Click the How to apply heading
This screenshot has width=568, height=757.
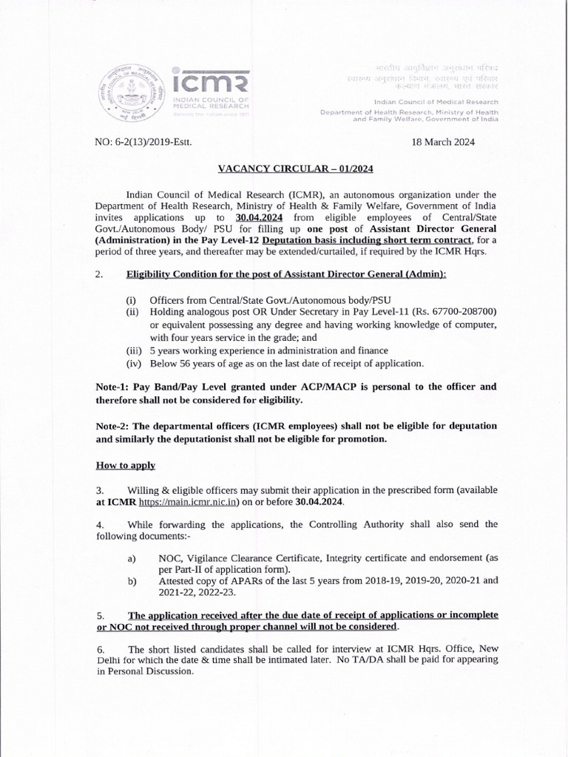pyautogui.click(x=125, y=466)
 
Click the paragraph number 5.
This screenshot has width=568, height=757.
pyautogui.click(x=101, y=615)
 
